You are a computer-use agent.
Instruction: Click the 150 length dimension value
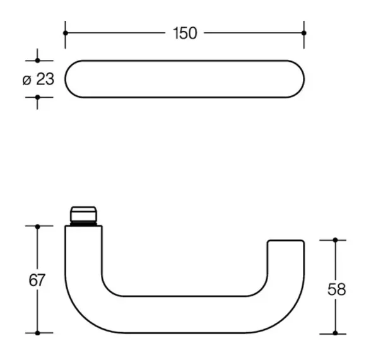coord(185,33)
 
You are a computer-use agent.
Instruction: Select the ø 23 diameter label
coord(38,79)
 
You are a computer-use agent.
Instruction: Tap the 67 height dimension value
coord(37,280)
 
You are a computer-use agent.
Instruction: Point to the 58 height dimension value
coord(336,289)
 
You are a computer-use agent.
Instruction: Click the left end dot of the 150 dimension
coord(66,33)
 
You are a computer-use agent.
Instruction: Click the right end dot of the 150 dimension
coord(304,33)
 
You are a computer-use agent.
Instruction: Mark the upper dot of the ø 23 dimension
coord(37,61)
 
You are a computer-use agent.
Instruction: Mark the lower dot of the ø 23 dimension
coord(37,97)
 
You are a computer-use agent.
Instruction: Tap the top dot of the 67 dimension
coord(37,227)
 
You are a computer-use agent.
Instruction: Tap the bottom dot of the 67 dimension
coord(37,333)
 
